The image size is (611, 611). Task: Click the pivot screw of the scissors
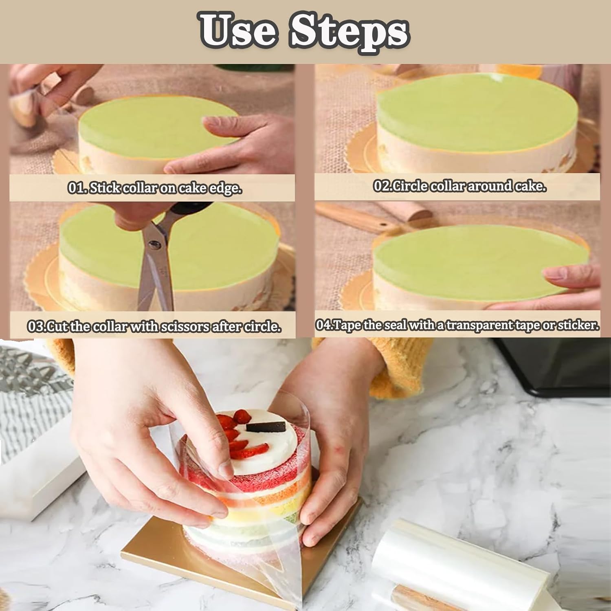tap(154, 244)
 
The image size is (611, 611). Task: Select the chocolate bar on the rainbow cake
tap(266, 426)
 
